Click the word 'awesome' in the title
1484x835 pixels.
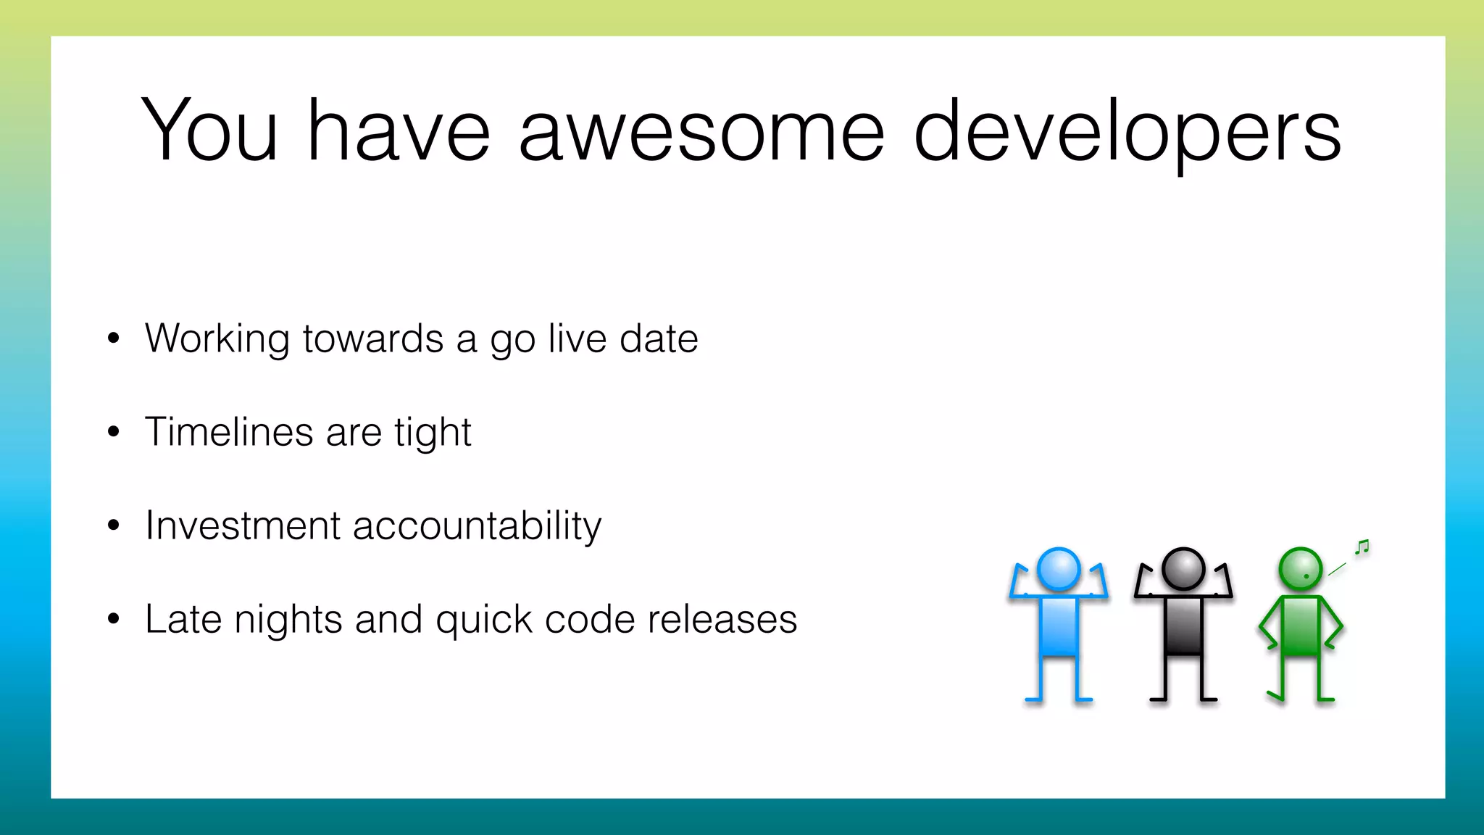pos(701,132)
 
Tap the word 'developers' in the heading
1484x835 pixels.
pos(1127,132)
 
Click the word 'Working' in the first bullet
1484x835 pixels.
pos(217,339)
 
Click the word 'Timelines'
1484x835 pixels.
pos(228,432)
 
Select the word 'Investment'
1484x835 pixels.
pos(242,525)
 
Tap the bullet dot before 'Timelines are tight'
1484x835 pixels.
pos(113,432)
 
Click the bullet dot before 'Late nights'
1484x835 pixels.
pos(113,619)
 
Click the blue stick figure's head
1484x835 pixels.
pos(1059,569)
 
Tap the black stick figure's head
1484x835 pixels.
pos(1183,569)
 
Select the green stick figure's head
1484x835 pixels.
pos(1301,569)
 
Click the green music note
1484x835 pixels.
pos(1362,547)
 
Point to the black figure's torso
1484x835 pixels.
pos(1183,626)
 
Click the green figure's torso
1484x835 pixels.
pos(1301,626)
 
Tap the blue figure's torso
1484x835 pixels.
pos(1059,626)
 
